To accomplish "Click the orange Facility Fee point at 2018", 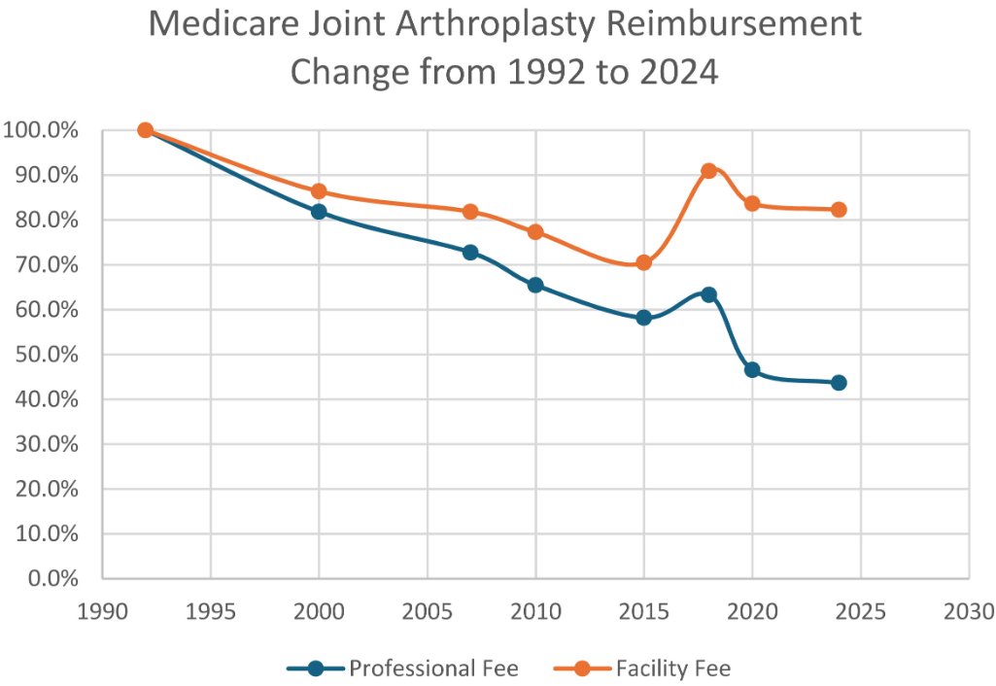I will coord(708,170).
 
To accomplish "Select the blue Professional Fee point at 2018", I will coord(708,294).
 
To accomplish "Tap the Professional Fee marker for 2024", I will coord(839,382).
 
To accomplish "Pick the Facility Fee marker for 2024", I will coord(839,210).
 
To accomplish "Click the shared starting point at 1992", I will coord(146,130).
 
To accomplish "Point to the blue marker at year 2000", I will coord(319,212).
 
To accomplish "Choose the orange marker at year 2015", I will coord(643,262).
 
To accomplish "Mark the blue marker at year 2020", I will coord(752,370).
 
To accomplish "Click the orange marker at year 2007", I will coord(470,211).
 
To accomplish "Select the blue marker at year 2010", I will coord(535,285).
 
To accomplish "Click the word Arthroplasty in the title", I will coord(506,23).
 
